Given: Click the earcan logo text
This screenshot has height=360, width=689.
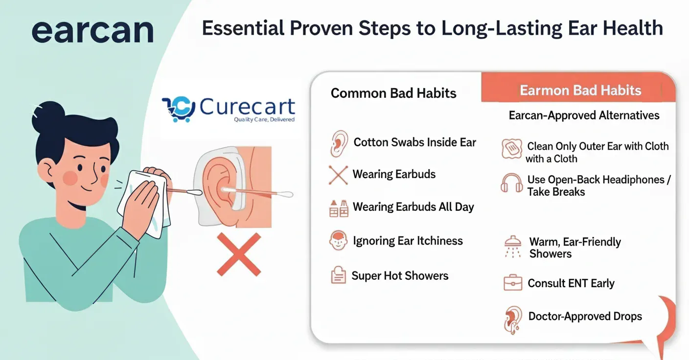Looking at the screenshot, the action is coord(92,31).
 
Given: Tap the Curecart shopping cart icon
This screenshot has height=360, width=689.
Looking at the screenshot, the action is coord(179,109).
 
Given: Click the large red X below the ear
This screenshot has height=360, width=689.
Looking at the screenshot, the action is coord(239,254).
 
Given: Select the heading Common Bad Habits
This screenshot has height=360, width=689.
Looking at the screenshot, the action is coord(393,93).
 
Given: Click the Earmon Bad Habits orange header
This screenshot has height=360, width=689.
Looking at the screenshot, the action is coord(578,88).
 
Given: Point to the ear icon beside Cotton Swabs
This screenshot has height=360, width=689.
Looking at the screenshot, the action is coord(339,144).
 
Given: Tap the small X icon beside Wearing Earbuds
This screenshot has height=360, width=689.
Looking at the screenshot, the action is coord(338,175).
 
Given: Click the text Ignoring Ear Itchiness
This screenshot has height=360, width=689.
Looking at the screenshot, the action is coord(408,241).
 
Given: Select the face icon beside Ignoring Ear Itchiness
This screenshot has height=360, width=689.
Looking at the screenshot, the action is coord(338,240).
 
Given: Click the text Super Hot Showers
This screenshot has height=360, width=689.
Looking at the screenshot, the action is coord(400,276).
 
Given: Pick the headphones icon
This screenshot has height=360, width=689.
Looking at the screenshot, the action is coord(511,183).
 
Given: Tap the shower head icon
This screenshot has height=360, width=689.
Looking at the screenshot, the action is coord(513,247).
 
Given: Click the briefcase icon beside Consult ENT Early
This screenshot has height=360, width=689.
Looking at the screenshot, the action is coord(513,282).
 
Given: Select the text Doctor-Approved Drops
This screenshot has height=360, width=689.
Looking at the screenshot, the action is coord(585,316).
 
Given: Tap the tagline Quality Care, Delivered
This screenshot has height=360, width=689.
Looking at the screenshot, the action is coord(264,119).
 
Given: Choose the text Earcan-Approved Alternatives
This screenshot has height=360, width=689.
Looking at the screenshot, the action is coord(584,115).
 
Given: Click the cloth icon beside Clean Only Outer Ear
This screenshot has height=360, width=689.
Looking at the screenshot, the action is coord(512,149).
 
